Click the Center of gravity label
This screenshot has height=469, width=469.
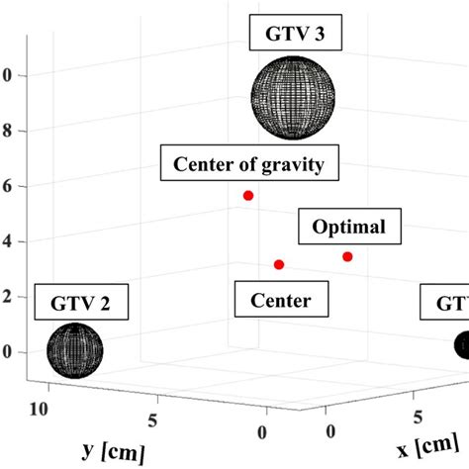pos(249,163)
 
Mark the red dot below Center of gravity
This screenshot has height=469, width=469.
pos(248,196)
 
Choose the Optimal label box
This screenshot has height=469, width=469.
pos(348,228)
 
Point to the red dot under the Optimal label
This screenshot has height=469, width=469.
pos(347,257)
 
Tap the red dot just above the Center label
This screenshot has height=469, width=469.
pos(279,264)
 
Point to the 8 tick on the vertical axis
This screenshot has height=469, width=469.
pos(7,131)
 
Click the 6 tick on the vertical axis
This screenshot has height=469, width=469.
pos(7,186)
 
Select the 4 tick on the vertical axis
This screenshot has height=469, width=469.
pos(7,241)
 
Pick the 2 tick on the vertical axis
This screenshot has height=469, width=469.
pos(7,297)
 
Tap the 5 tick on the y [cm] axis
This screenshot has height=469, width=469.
pos(151,420)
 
